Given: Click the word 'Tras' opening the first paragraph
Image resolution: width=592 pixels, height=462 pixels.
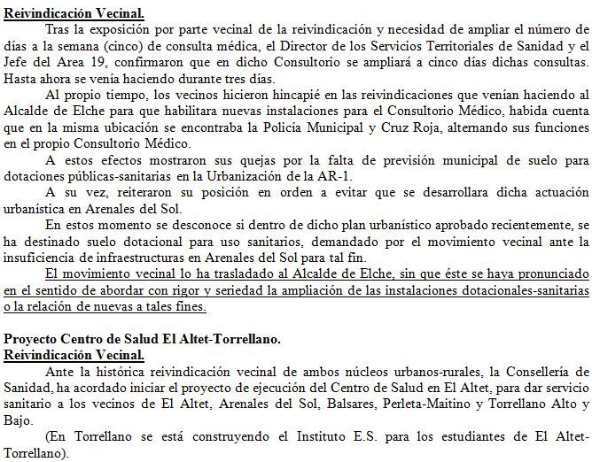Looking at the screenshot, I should [58, 29].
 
